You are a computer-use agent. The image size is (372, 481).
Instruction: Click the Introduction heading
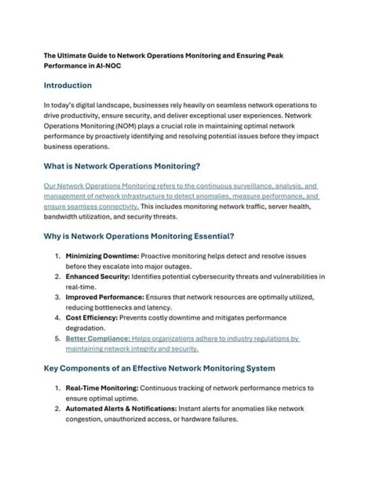click(67, 85)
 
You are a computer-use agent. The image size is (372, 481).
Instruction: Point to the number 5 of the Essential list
click(58, 339)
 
